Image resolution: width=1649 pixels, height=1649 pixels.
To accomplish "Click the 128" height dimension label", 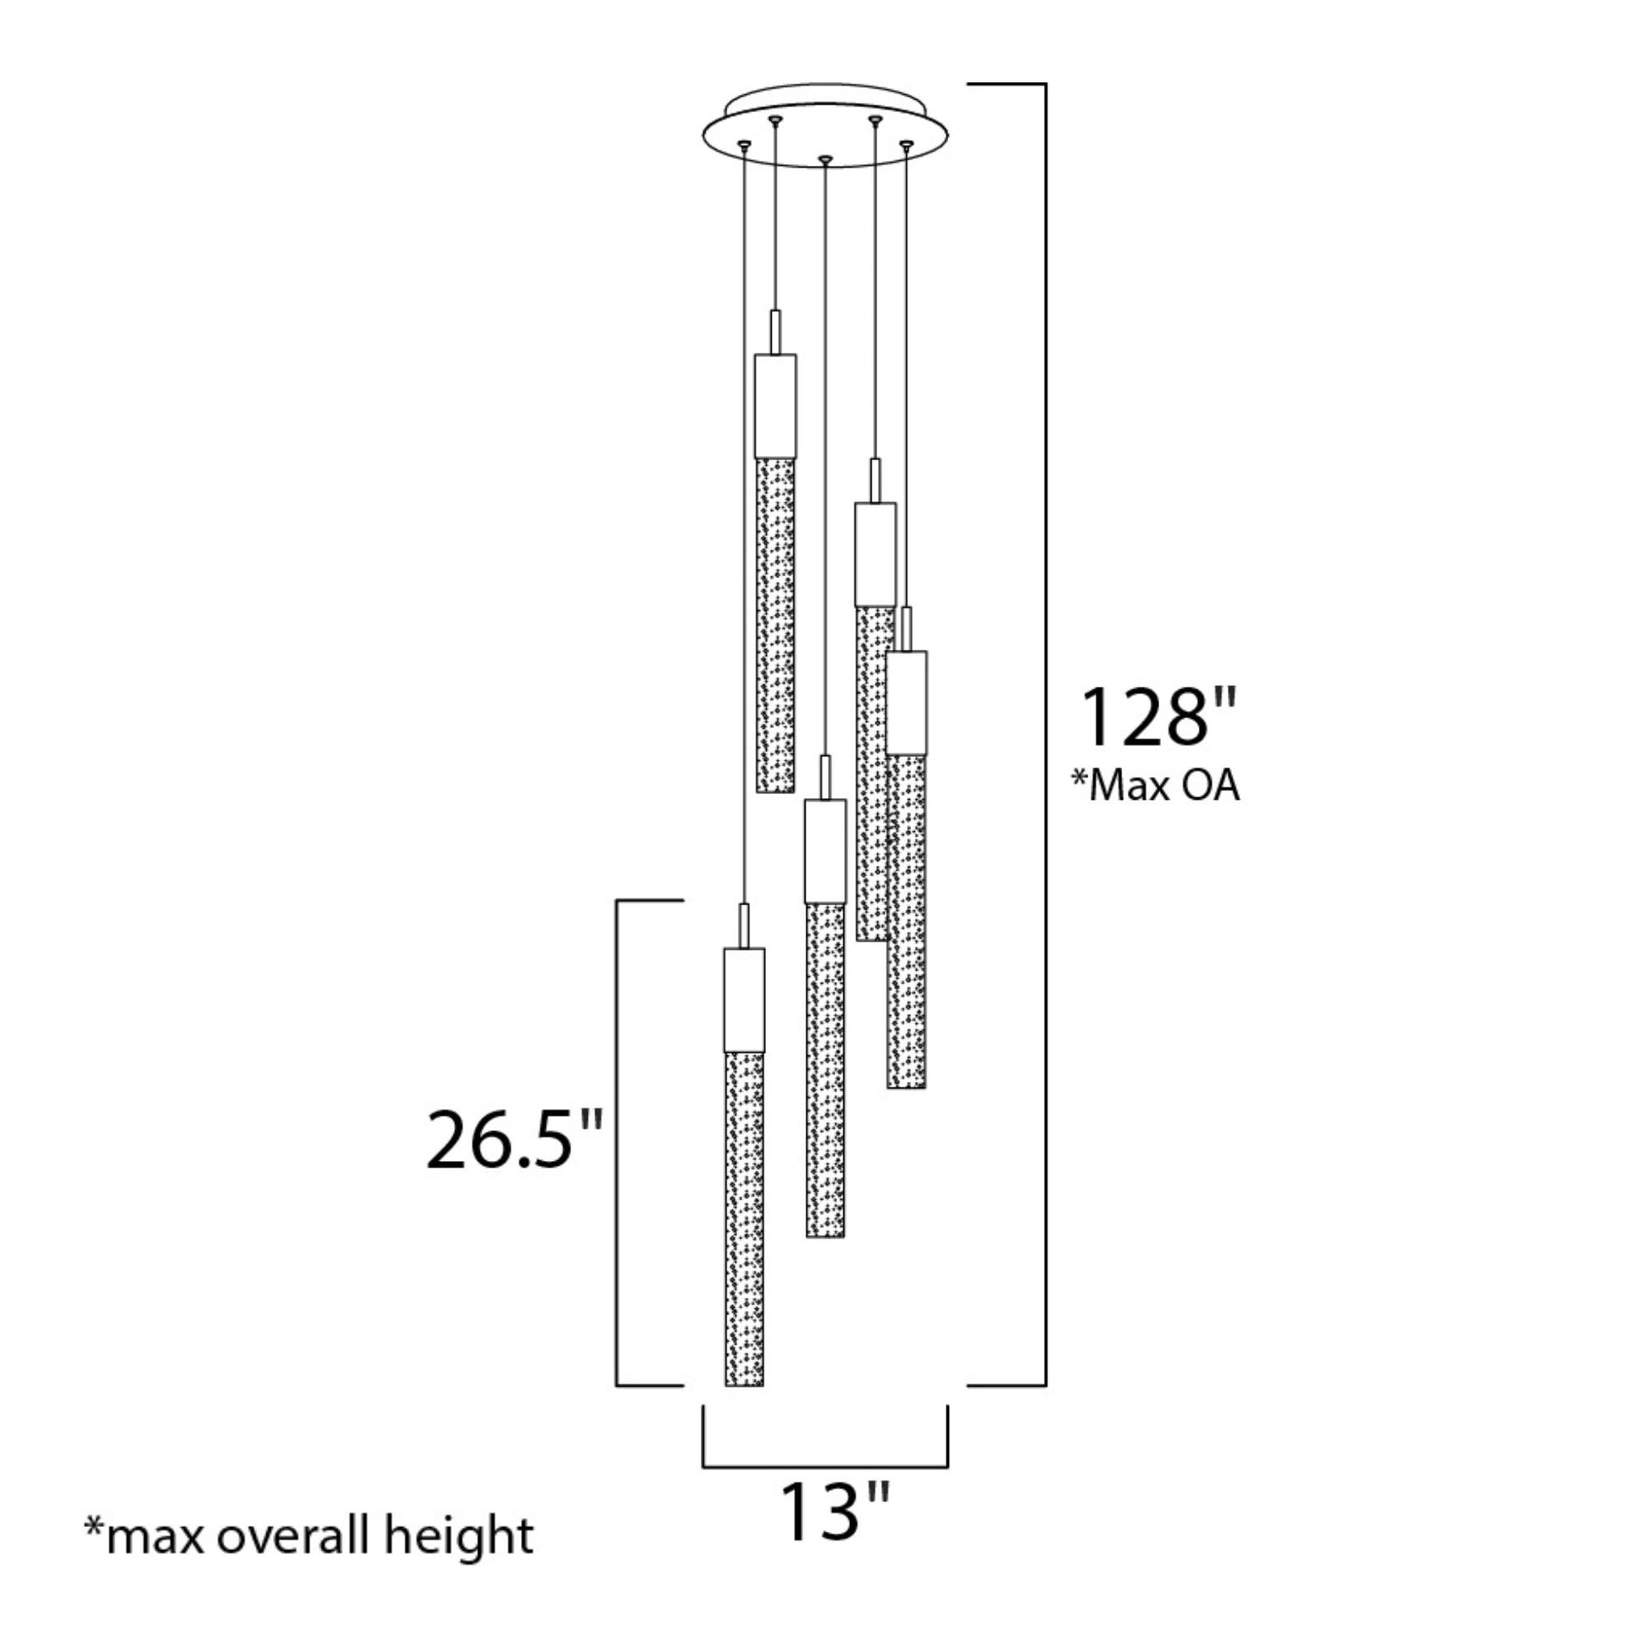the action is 1158,717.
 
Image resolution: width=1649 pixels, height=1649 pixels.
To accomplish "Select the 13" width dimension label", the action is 836,1535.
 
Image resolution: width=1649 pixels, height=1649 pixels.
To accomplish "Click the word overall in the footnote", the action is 290,1536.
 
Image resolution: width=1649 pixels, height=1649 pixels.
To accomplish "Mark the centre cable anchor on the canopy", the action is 824,159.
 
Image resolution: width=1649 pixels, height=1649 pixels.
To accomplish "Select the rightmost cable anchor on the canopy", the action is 907,145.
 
